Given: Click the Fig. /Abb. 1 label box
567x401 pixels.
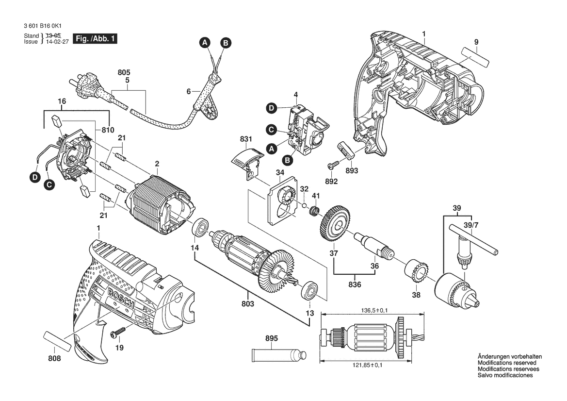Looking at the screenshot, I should pyautogui.click(x=95, y=39).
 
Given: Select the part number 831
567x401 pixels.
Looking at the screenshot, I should pyautogui.click(x=246, y=140).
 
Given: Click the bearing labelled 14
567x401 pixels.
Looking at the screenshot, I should pyautogui.click(x=199, y=229).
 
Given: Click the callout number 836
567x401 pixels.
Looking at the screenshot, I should pyautogui.click(x=355, y=284).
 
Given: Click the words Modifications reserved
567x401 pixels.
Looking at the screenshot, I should pyautogui.click(x=507, y=363).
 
